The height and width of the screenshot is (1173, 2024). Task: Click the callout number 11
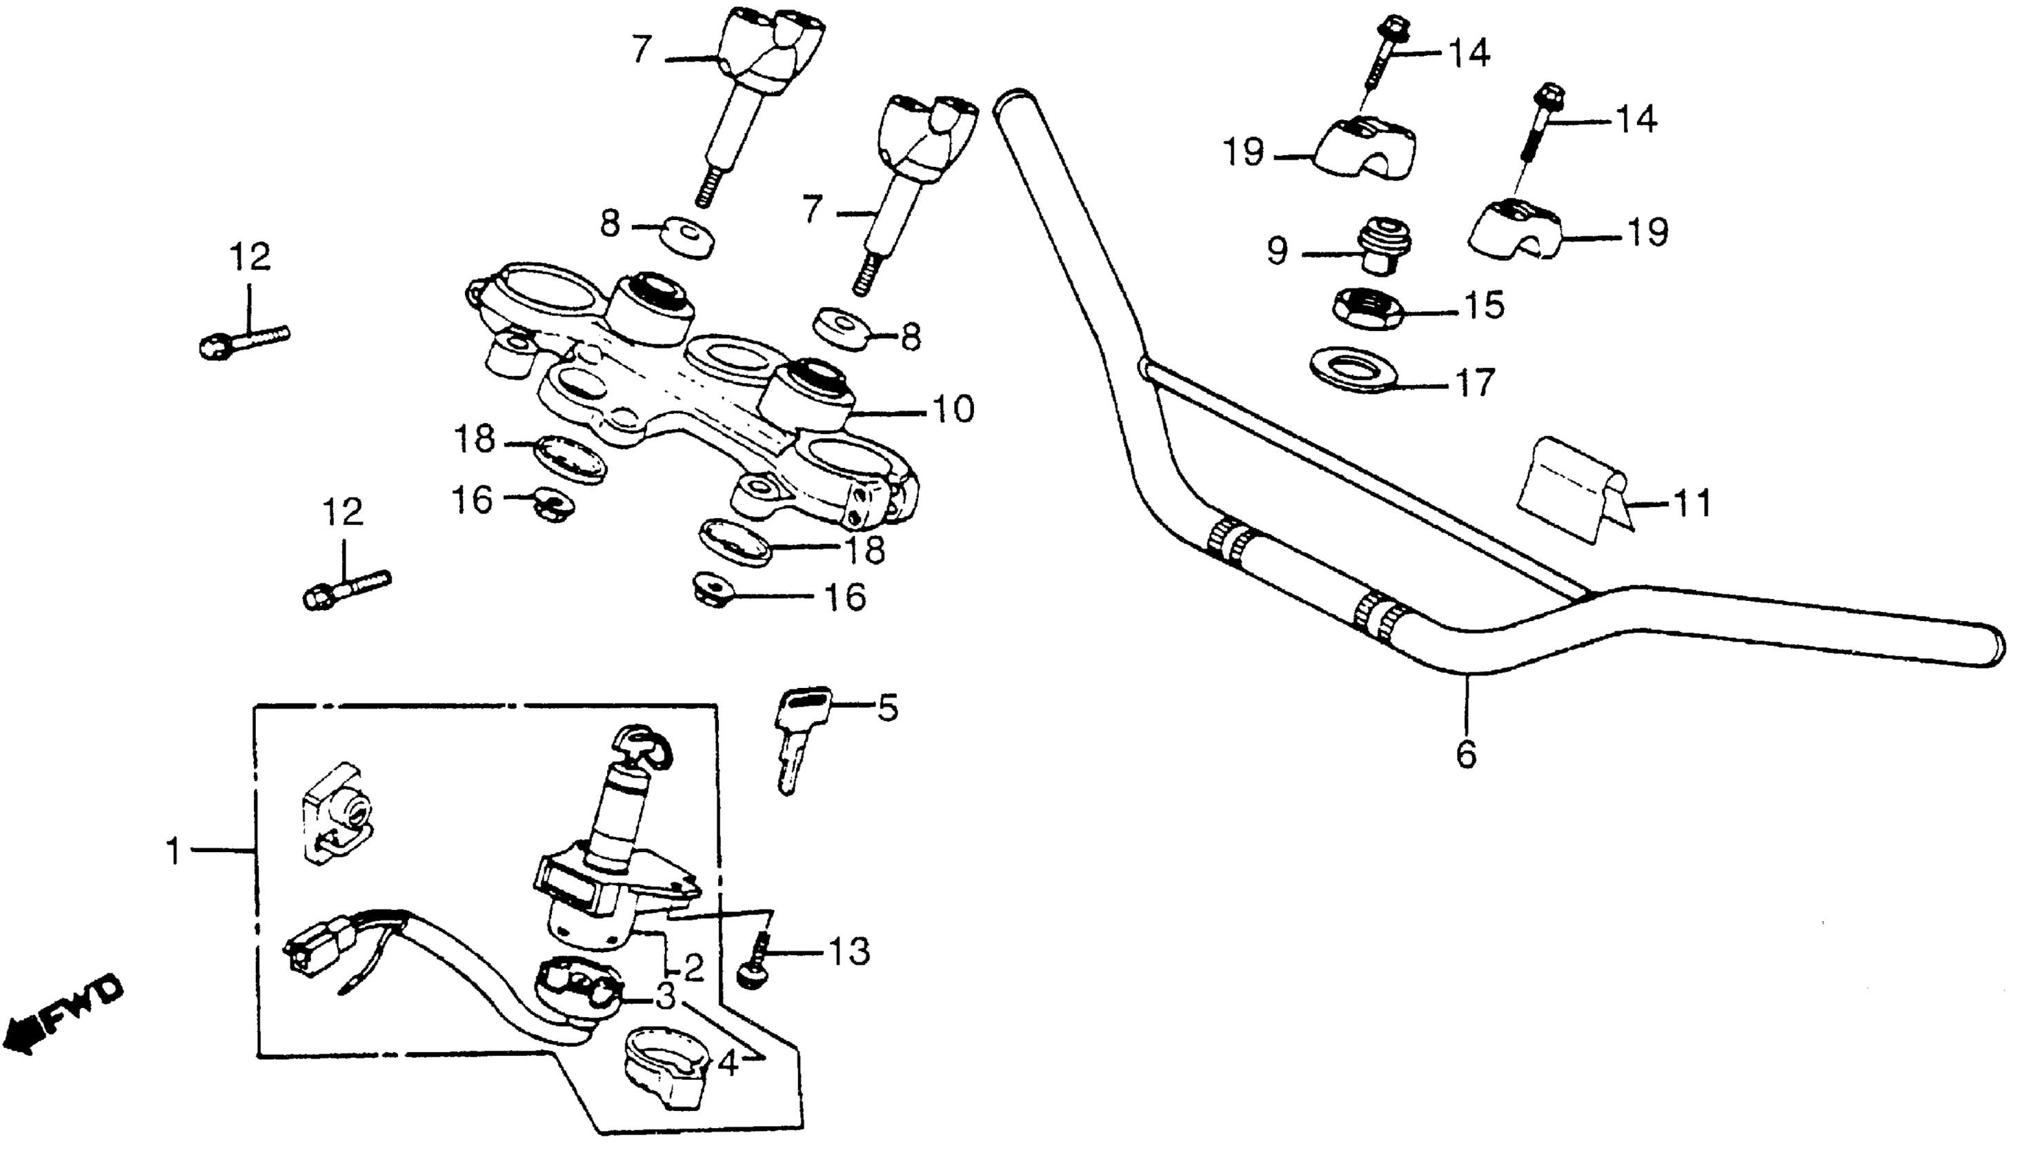pos(1692,504)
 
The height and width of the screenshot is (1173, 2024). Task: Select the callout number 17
pos(1477,382)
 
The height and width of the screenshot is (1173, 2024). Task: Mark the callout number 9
pos(1278,250)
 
